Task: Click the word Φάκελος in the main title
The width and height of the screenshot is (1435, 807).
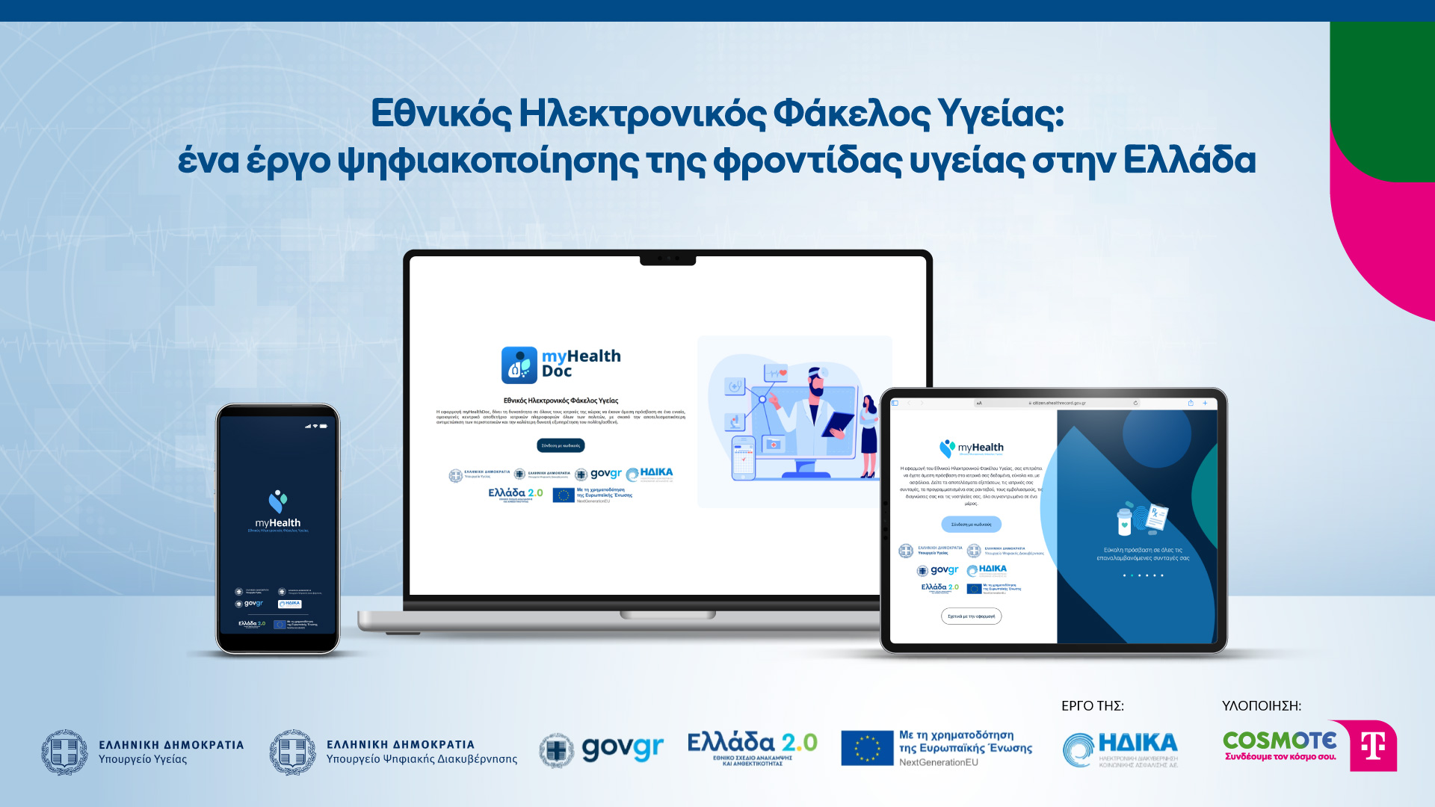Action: tap(851, 114)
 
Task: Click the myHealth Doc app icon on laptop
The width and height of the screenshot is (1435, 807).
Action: tap(519, 365)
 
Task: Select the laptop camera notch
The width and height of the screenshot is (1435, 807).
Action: tap(667, 259)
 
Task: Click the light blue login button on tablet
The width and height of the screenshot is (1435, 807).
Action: tap(971, 525)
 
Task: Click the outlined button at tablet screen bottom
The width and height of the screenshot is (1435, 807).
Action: tap(971, 616)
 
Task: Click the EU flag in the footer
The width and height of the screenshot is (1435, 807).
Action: tap(867, 748)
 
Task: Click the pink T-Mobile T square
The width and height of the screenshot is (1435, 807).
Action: tap(1374, 746)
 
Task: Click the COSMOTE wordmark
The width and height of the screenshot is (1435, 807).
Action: tap(1279, 740)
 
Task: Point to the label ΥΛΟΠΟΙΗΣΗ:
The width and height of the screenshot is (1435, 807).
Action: tap(1261, 705)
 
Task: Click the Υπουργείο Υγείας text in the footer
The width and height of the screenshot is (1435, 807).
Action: tap(143, 759)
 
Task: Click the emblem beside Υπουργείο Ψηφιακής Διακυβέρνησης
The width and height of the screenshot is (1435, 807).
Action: tap(292, 752)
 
